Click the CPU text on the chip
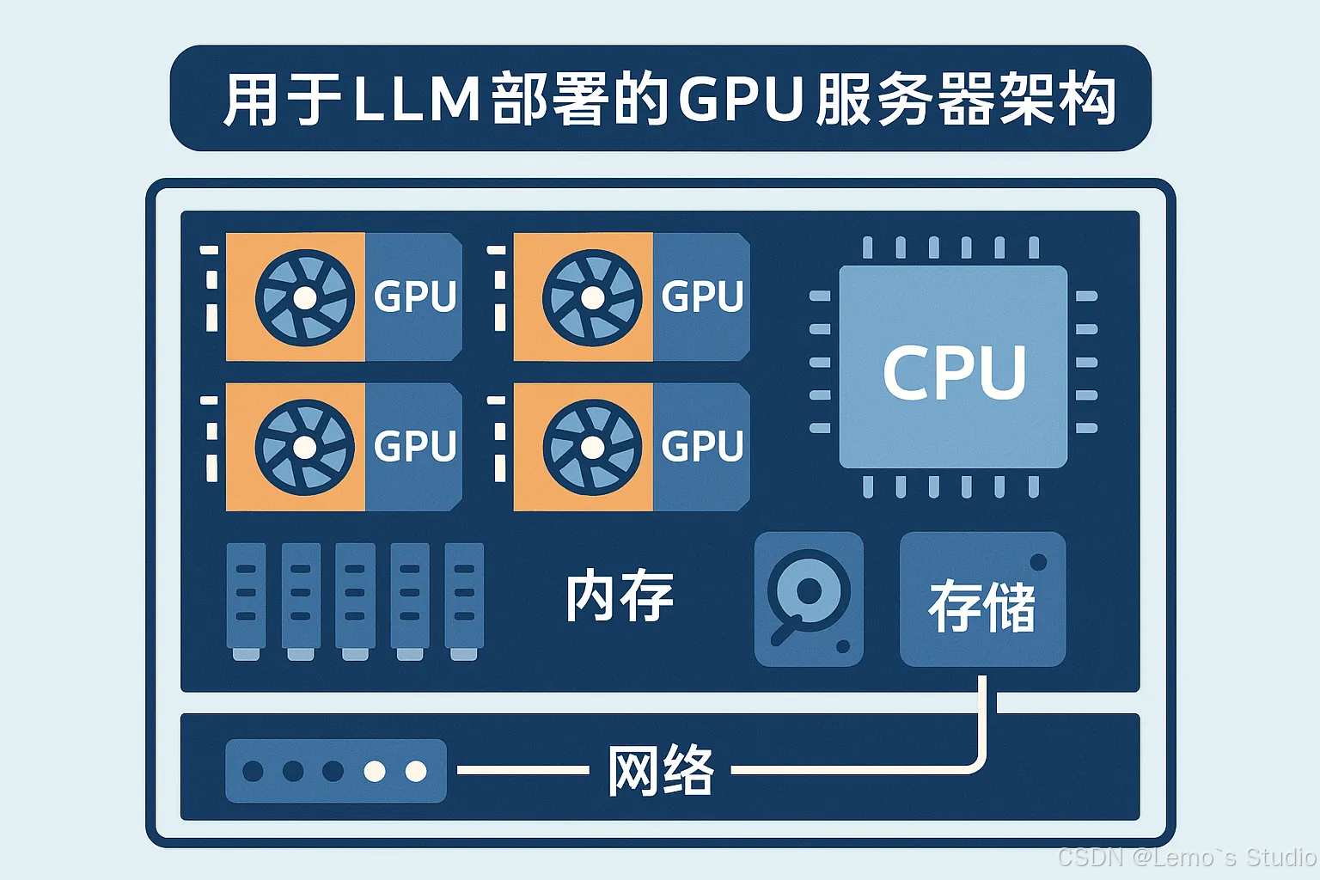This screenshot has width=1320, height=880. (954, 371)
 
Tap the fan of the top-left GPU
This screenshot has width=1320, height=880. (304, 297)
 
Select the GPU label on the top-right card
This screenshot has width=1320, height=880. (702, 296)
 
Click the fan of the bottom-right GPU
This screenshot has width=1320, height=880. (592, 447)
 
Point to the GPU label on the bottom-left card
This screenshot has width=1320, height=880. (415, 446)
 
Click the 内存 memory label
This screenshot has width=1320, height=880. (619, 596)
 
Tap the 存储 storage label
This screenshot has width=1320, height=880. (981, 606)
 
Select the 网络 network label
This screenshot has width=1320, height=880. (660, 771)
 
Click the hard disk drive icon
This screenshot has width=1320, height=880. (808, 599)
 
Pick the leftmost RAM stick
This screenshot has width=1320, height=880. (246, 599)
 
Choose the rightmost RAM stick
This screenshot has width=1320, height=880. (464, 599)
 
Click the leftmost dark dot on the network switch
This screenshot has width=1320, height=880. (253, 771)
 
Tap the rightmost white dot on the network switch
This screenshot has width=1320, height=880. (416, 771)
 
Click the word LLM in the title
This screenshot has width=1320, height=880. (416, 99)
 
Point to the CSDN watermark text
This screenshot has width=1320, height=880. (1186, 857)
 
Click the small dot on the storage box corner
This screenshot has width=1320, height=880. (1038, 562)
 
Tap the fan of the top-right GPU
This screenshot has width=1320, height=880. (592, 297)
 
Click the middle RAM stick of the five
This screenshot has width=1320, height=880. (355, 599)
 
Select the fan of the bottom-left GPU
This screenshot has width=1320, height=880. (304, 447)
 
